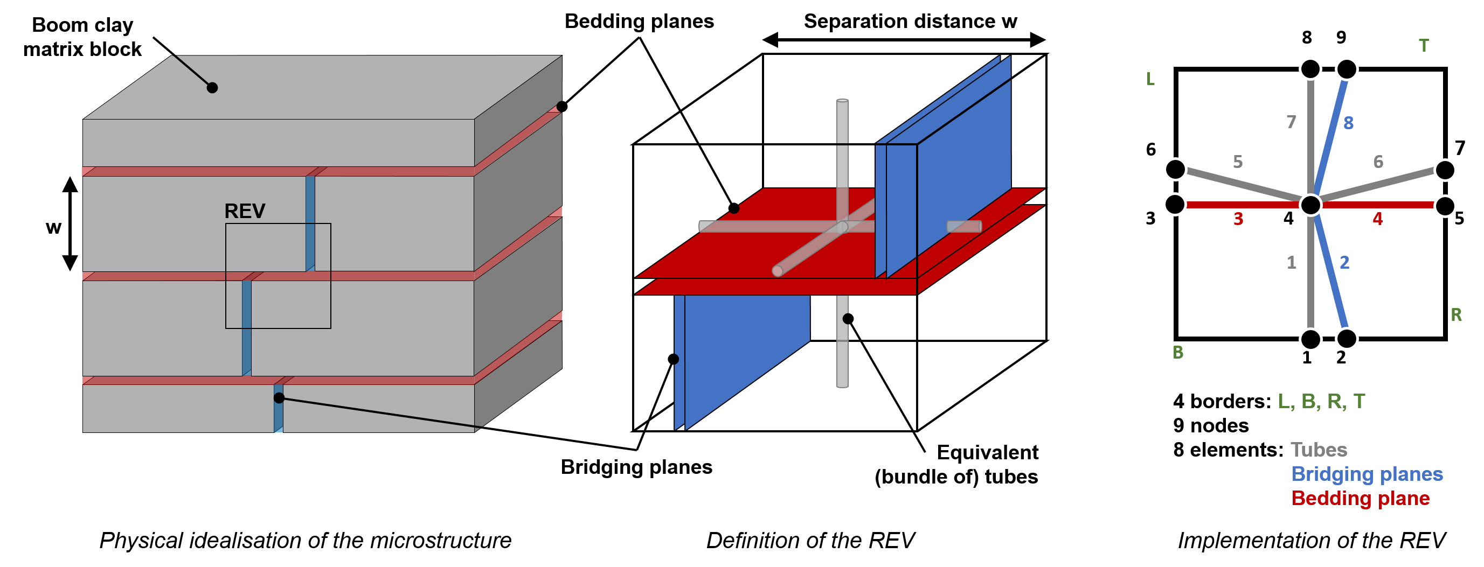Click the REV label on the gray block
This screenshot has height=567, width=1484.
click(x=245, y=211)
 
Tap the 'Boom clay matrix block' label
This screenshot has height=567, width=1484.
click(x=82, y=37)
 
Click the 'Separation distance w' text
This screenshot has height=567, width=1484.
click(x=910, y=22)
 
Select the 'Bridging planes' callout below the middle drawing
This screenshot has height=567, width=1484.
click(x=636, y=467)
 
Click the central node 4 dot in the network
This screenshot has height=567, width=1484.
click(x=1310, y=205)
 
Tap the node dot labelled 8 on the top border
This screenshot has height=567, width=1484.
click(x=1310, y=69)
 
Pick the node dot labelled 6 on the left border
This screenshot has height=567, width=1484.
click(x=1175, y=169)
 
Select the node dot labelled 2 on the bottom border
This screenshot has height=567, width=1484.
click(x=1346, y=339)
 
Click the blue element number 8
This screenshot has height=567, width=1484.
click(x=1349, y=123)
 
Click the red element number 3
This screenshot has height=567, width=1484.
click(x=1238, y=219)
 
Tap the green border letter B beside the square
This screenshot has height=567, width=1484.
click(x=1178, y=352)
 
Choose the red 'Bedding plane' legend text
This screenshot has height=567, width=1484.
click(x=1360, y=499)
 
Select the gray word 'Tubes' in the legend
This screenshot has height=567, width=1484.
click(x=1319, y=450)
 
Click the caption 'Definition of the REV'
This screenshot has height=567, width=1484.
click(x=810, y=541)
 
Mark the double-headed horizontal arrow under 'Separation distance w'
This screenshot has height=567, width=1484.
click(x=904, y=40)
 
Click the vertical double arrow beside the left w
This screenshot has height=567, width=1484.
click(x=70, y=224)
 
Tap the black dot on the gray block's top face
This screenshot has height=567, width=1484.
click(x=212, y=87)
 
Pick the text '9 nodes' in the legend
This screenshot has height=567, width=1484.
click(x=1211, y=425)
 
